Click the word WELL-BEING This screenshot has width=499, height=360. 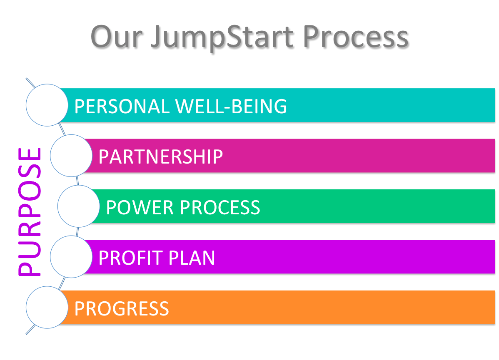coord(231,106)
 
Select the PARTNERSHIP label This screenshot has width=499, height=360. coord(160,156)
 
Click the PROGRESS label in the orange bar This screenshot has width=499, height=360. coord(122,308)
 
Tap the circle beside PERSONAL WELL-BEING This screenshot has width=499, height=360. coord(47,105)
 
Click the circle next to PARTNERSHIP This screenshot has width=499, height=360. coord(71,156)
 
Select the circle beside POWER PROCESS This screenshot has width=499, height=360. coord(78,206)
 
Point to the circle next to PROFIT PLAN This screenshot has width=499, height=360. coord(71,257)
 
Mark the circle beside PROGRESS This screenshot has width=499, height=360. coord(47,308)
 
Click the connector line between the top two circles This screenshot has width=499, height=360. coord(62,129)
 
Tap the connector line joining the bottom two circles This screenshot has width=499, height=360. coord(62,283)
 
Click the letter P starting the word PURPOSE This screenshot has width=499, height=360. coord(30,266)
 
